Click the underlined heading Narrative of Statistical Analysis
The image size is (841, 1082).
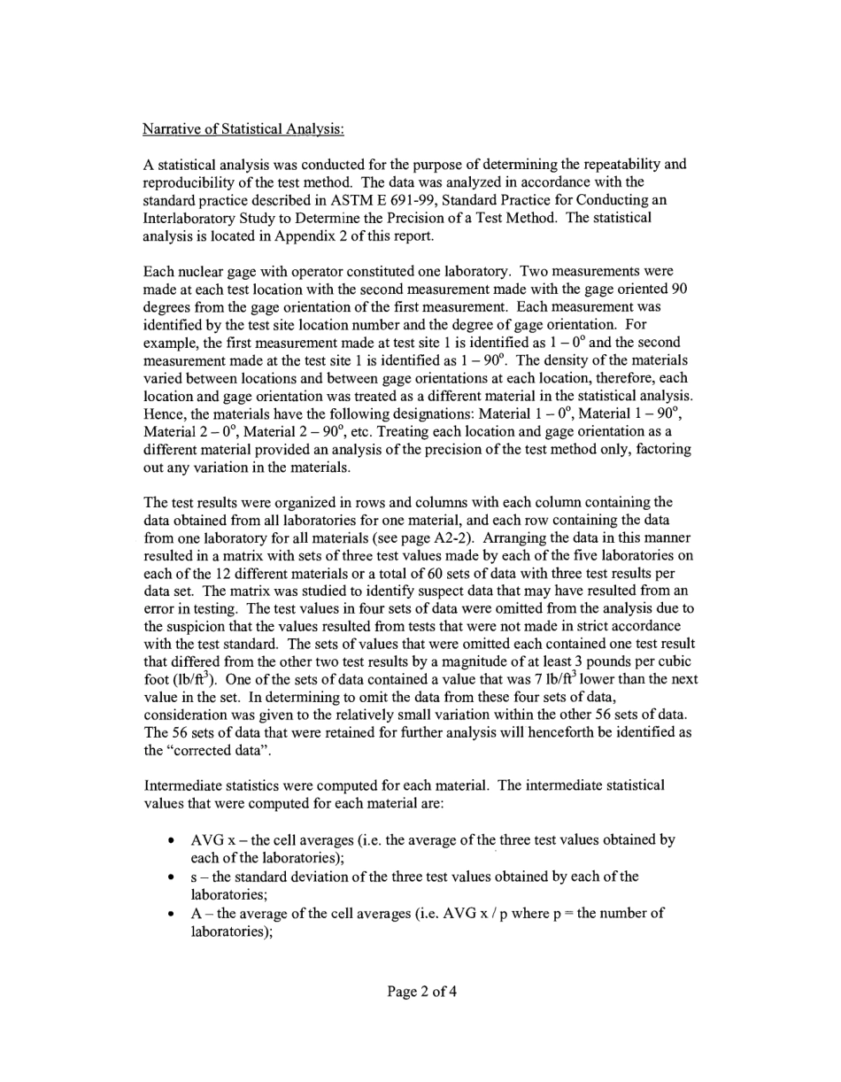coord(243,129)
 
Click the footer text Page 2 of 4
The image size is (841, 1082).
coord(421,992)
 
